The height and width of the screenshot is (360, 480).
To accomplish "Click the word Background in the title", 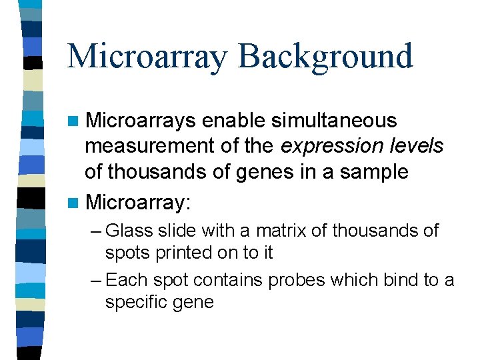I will [325, 56].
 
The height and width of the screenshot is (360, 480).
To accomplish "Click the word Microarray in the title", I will [147, 56].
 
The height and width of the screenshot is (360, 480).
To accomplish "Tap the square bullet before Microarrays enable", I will [73, 122].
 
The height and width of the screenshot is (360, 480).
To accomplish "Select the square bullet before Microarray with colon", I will [73, 200].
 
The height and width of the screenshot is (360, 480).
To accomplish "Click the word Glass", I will [129, 231].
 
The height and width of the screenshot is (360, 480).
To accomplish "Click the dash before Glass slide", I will [95, 231].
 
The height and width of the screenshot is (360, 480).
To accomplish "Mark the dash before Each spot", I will [95, 280].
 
